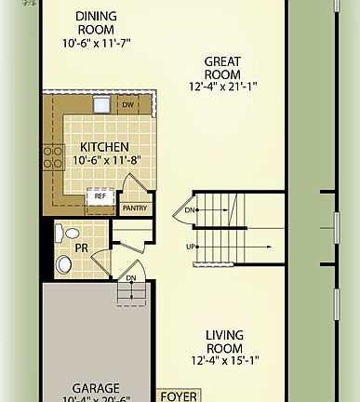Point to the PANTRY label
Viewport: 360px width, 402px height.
(134, 208)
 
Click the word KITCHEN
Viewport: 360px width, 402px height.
(104, 147)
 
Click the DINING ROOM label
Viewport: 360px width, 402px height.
(97, 22)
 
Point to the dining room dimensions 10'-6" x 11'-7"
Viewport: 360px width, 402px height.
(97, 42)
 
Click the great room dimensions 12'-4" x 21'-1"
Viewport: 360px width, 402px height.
(223, 87)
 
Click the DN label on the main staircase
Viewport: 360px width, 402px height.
(190, 210)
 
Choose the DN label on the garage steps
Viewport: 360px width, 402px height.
(131, 277)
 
